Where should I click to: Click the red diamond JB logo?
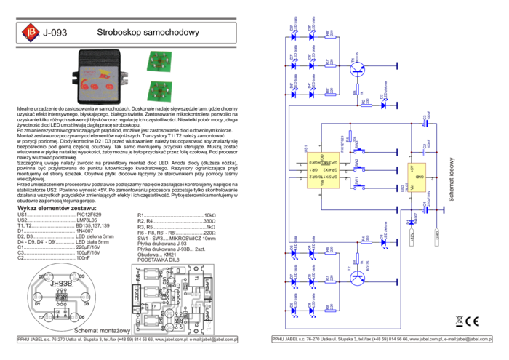(x=30, y=31)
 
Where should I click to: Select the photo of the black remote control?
(x=100, y=77)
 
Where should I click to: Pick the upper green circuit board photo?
(x=158, y=61)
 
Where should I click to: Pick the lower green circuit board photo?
(x=158, y=92)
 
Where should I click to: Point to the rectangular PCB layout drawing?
(x=172, y=299)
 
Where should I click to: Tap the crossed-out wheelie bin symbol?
(x=459, y=321)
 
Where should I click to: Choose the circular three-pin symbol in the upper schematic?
(x=357, y=68)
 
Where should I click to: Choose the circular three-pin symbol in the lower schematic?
(x=357, y=277)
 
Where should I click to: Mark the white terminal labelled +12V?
(x=412, y=237)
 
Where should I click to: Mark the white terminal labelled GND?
(x=437, y=237)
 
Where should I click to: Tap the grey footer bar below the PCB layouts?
(x=127, y=339)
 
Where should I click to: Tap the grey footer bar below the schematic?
(x=378, y=339)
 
